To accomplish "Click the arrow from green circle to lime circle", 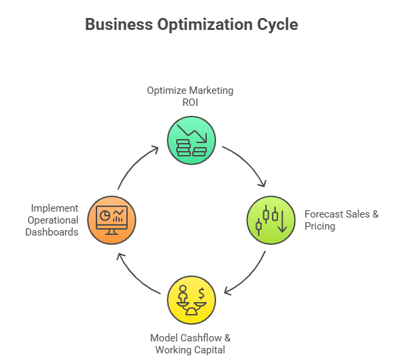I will pyautogui.click(x=247, y=163).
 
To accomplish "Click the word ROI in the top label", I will pyautogui.click(x=190, y=102).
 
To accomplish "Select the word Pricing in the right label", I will pyautogui.click(x=320, y=226).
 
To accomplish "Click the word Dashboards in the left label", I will pyautogui.click(x=52, y=232).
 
